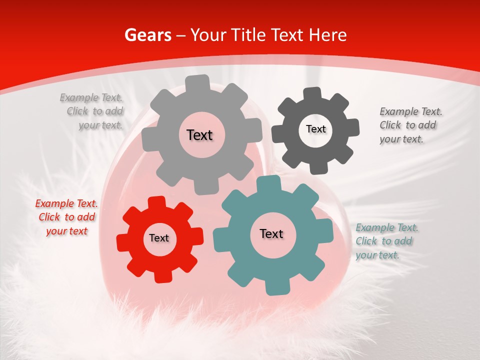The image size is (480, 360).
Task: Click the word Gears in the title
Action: click(x=147, y=35)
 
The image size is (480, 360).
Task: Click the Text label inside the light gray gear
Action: click(x=199, y=135)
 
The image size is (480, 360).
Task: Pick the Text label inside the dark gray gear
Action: click(x=315, y=129)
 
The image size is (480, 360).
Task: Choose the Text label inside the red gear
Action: click(x=159, y=238)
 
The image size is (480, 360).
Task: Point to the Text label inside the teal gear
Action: click(x=271, y=234)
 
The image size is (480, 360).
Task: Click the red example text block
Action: click(x=66, y=217)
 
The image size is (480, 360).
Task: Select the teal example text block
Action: click(x=387, y=241)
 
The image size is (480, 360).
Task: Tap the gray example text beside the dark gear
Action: click(x=410, y=125)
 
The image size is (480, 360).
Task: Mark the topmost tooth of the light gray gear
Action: click(x=198, y=82)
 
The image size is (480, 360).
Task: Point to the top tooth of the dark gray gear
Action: click(x=312, y=93)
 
